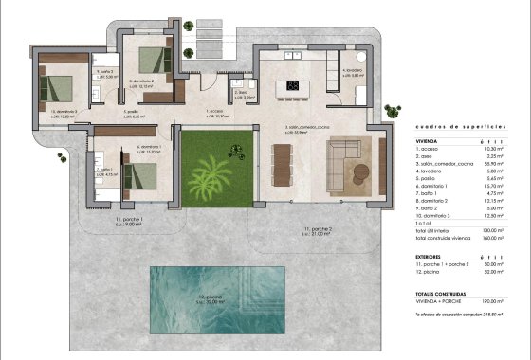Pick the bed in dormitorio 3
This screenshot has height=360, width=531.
click(x=58, y=87)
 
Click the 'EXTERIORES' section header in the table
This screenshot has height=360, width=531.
click(x=431, y=255)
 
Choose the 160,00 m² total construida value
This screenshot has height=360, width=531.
click(x=493, y=239)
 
